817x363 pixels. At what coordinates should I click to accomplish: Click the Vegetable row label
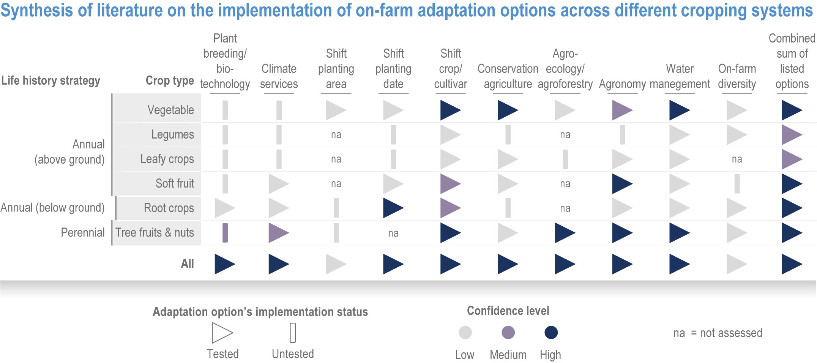pos(170,110)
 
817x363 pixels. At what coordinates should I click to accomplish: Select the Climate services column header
pos(279,76)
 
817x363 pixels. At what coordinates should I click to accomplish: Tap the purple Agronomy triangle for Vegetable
pos(622,110)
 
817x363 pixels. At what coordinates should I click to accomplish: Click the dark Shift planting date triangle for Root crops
pos(393,208)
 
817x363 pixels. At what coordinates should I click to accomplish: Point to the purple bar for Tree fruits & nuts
pos(225,233)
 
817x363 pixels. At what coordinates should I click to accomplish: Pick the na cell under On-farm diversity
pos(737,159)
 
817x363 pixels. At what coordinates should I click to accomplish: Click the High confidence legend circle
pos(551,333)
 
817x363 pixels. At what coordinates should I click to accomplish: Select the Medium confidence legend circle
pos(508,333)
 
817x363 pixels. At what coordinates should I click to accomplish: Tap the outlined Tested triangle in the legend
pos(222,333)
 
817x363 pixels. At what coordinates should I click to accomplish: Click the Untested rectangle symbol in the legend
pos(293,333)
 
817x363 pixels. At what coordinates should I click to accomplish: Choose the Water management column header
pos(680,76)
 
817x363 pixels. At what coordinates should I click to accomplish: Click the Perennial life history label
pos(83,232)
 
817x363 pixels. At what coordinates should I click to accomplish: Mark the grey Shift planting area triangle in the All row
pos(336,264)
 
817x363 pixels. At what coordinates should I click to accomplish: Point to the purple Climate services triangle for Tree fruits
pos(279,233)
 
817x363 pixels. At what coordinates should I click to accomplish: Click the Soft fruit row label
pos(175,183)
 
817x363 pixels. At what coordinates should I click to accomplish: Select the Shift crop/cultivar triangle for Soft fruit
pos(451,184)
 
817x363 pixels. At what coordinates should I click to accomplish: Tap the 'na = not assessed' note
pos(718,333)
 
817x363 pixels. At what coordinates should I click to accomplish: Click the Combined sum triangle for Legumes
pos(792,135)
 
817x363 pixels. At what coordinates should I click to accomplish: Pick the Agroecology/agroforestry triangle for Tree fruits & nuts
pos(565,233)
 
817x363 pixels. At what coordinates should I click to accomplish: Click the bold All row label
pos(188,264)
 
